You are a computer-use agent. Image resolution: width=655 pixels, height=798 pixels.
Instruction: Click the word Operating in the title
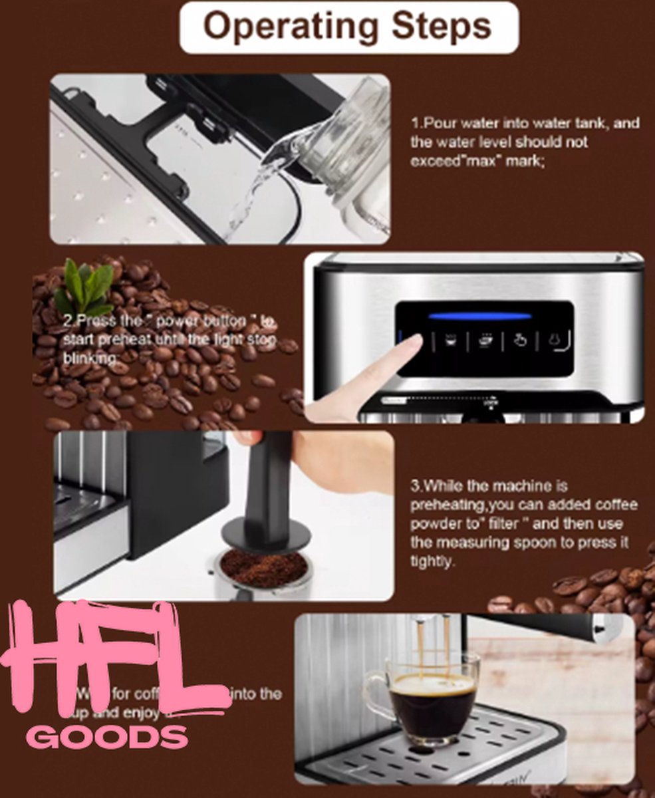coord(283,27)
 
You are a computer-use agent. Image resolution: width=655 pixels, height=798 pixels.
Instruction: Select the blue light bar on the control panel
coord(479,315)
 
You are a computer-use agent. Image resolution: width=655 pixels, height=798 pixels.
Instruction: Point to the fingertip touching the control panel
coord(412,342)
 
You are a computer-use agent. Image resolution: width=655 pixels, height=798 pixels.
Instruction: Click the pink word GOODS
coord(106,737)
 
